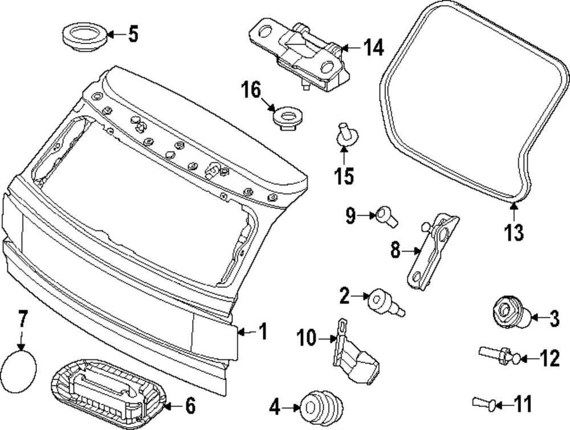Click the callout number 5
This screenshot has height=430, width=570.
[x=132, y=34]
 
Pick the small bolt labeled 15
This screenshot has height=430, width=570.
[x=345, y=134]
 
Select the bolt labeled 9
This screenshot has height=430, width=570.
[x=386, y=216]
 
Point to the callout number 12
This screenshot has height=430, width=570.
[x=550, y=359]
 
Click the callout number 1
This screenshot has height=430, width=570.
[x=262, y=331]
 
